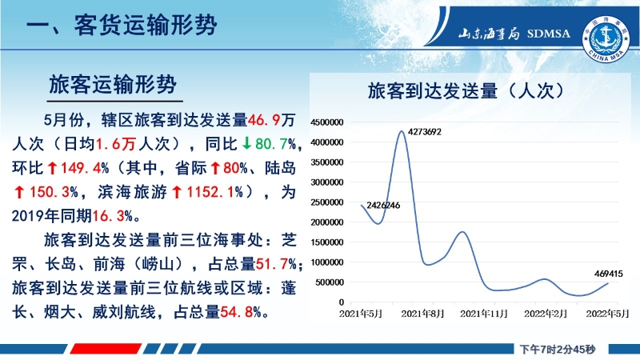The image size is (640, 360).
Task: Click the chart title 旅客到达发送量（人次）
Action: click(466, 90)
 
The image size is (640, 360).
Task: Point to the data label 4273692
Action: click(425, 132)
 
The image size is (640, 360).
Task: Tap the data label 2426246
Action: click(383, 206)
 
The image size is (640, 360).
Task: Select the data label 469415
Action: click(609, 274)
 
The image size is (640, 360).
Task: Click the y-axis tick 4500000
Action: click(327, 122)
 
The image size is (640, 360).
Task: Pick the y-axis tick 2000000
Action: click(327, 222)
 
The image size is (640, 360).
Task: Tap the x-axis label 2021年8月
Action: click(422, 314)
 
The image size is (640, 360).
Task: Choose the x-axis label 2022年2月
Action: click(546, 314)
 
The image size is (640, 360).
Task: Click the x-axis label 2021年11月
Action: click(484, 314)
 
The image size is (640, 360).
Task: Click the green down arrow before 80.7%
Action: click(246, 143)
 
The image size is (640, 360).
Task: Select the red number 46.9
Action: click(264, 120)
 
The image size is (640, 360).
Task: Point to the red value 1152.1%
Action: click(214, 192)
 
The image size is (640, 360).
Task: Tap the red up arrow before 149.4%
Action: click(52, 168)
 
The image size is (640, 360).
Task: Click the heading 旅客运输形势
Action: click(113, 85)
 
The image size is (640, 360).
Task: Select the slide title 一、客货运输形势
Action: click(122, 26)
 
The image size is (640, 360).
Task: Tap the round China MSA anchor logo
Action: click(606, 39)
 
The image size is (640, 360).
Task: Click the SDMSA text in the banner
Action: click(548, 34)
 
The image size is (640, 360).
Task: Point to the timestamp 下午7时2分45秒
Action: click(557, 350)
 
